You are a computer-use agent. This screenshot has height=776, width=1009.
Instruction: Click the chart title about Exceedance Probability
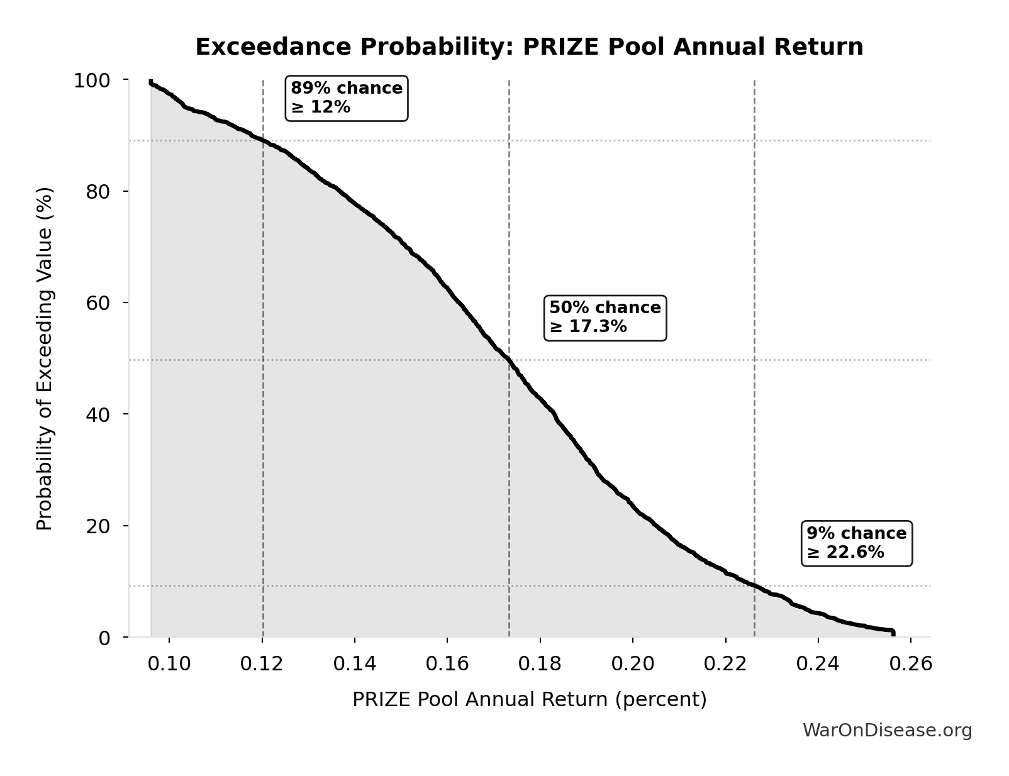[529, 47]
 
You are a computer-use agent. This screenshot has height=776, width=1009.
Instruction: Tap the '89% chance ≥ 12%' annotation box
[347, 97]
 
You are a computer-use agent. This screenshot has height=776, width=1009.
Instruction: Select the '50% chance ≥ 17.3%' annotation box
[605, 318]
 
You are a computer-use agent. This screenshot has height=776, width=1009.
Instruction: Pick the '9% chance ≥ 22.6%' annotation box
[856, 543]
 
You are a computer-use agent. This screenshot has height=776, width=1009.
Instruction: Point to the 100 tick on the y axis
[92, 80]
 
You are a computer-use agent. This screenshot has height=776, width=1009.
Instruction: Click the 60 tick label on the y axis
[98, 303]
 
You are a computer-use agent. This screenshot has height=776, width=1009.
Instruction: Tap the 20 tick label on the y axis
[98, 526]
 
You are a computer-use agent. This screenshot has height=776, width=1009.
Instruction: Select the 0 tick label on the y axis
[104, 638]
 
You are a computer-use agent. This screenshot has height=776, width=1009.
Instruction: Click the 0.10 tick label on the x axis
[169, 664]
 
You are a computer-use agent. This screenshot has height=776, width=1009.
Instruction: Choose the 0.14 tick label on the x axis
[355, 664]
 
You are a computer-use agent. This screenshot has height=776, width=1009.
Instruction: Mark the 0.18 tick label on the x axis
[540, 664]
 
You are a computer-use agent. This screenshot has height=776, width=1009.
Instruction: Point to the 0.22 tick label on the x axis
[725, 664]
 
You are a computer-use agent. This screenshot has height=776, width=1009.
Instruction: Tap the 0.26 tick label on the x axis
[911, 664]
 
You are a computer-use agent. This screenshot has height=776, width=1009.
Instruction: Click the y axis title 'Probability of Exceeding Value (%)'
[45, 358]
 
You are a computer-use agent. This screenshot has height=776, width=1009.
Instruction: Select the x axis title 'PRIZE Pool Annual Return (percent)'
[529, 700]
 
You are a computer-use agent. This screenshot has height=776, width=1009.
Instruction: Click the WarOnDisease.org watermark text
[887, 731]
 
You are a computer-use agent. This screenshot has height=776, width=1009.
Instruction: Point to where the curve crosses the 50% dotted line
[509, 360]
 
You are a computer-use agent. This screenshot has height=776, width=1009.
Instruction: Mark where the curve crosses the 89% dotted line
[263, 140]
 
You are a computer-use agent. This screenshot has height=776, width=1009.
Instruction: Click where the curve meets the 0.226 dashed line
[754, 585]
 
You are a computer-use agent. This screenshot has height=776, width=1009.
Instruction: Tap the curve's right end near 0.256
[892, 631]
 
